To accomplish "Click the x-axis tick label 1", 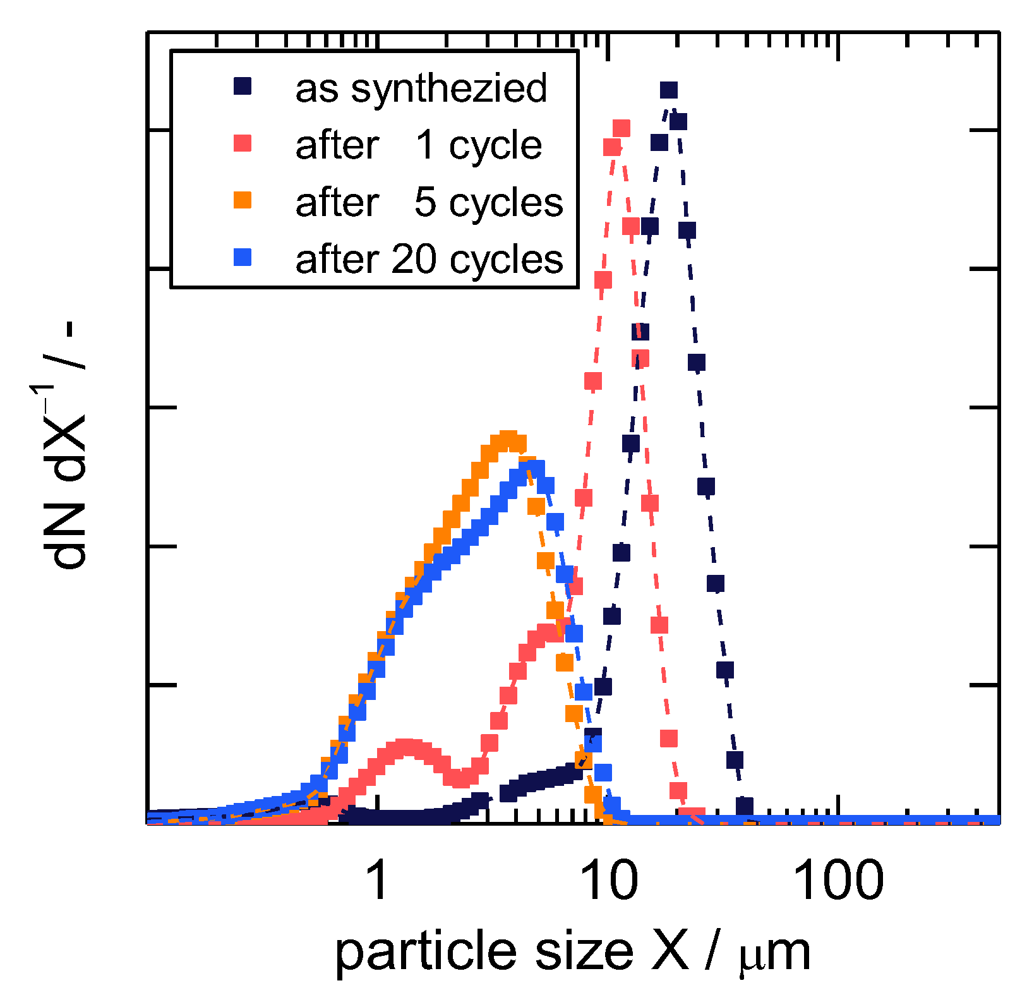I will (x=377, y=881).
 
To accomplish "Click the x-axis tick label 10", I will (x=608, y=881).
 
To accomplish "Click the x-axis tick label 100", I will (x=838, y=881).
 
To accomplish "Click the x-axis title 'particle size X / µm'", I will (x=572, y=952).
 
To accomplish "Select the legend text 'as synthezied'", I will (x=421, y=88).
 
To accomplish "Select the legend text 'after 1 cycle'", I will (x=418, y=145).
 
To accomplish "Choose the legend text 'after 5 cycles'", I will (x=429, y=202).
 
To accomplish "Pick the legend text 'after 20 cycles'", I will (x=429, y=259).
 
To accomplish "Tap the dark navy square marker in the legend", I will (x=243, y=87).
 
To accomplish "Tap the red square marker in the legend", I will (x=243, y=144).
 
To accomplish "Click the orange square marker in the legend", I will (x=243, y=201).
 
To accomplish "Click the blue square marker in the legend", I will (x=243, y=258).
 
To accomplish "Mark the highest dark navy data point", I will (x=669, y=90).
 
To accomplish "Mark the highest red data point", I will (x=622, y=128).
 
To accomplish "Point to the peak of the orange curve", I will (x=508, y=440).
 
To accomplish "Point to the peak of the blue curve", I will (x=531, y=469).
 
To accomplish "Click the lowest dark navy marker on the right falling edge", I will (x=744, y=805).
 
